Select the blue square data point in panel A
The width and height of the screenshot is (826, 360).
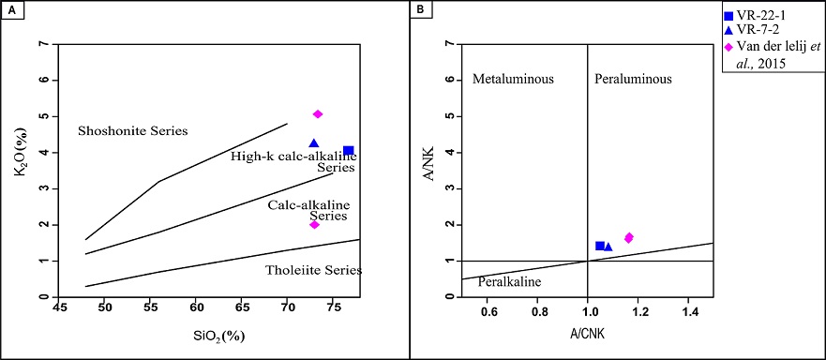348,151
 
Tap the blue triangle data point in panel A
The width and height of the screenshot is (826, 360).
314,143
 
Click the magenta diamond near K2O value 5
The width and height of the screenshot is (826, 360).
318,114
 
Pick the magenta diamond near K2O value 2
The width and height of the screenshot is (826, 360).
314,224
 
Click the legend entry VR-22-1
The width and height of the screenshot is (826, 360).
762,16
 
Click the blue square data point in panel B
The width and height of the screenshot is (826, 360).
600,246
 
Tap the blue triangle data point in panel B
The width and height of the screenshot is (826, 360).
608,247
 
